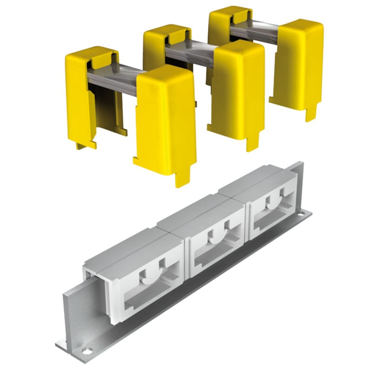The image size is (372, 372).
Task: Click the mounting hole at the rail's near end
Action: point(86,347)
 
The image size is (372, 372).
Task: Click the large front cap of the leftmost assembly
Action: point(165,121)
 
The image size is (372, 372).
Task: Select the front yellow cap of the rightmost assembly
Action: point(295,60)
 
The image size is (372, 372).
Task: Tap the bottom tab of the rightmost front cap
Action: point(309,112)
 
